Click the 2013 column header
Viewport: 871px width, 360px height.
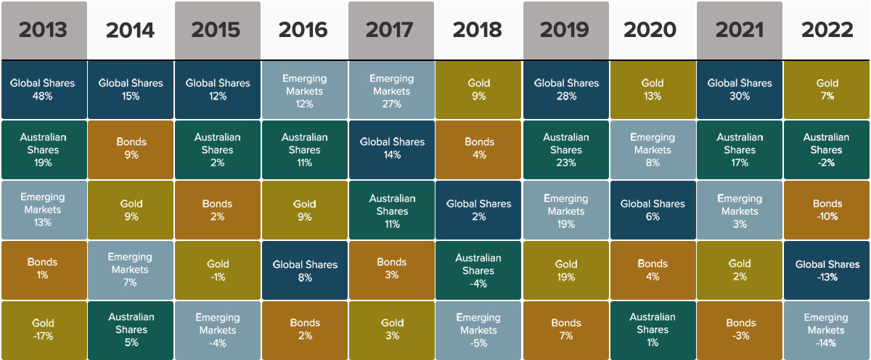click(44, 30)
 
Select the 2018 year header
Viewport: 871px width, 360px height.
click(478, 30)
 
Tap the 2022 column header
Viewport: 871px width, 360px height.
click(827, 30)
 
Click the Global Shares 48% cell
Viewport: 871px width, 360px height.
click(44, 89)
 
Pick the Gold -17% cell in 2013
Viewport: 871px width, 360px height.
click(44, 330)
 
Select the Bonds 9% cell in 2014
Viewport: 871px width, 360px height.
click(131, 150)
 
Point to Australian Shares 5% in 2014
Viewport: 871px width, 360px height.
click(131, 330)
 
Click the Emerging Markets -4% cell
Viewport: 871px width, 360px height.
click(218, 330)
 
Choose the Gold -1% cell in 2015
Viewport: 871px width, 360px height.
click(218, 270)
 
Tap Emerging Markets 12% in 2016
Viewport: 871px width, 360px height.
click(305, 89)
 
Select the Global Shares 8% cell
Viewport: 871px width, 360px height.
click(305, 270)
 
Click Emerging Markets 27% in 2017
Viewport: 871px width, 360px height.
click(392, 89)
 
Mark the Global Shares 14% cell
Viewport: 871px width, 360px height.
click(392, 150)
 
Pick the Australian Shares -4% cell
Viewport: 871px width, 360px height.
click(478, 270)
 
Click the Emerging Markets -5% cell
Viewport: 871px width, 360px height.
click(478, 330)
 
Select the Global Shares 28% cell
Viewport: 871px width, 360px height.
click(565, 89)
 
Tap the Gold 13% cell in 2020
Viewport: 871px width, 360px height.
click(653, 89)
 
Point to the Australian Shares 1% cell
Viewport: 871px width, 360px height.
click(653, 330)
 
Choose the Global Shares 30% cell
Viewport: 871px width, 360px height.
click(740, 89)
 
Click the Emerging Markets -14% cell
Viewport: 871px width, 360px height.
click(827, 330)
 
